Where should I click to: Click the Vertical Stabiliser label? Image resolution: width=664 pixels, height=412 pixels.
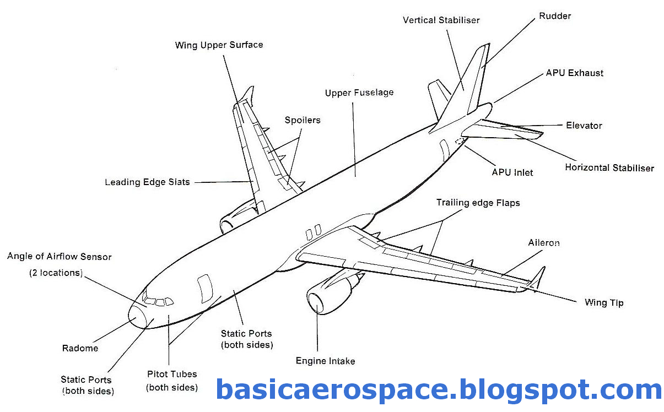click(x=441, y=20)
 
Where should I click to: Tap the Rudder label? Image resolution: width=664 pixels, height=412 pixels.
click(x=555, y=16)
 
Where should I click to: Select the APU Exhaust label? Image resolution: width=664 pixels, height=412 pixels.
click(x=574, y=73)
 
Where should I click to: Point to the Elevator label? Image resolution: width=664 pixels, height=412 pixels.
click(x=584, y=126)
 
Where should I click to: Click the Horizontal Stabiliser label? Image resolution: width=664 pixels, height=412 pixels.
click(x=609, y=167)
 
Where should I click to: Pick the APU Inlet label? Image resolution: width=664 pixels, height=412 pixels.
click(x=512, y=172)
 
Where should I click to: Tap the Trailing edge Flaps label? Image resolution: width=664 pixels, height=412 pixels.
click(x=478, y=203)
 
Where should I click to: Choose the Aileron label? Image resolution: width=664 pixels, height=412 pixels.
click(x=543, y=242)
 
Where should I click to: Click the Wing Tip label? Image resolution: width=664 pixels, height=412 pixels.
click(x=604, y=302)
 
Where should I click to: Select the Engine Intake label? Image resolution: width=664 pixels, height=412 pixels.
click(x=325, y=361)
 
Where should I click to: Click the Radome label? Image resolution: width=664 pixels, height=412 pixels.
click(x=80, y=348)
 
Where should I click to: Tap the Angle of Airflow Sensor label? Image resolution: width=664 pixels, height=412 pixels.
click(x=59, y=257)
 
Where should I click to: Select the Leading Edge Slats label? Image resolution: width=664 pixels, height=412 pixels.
click(x=147, y=182)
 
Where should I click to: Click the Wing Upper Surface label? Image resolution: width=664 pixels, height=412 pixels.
click(x=219, y=45)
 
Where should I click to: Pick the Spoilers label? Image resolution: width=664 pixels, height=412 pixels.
click(x=302, y=120)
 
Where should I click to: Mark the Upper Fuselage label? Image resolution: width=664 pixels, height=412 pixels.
click(x=359, y=93)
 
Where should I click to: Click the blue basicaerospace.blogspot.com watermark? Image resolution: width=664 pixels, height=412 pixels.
click(x=439, y=389)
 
